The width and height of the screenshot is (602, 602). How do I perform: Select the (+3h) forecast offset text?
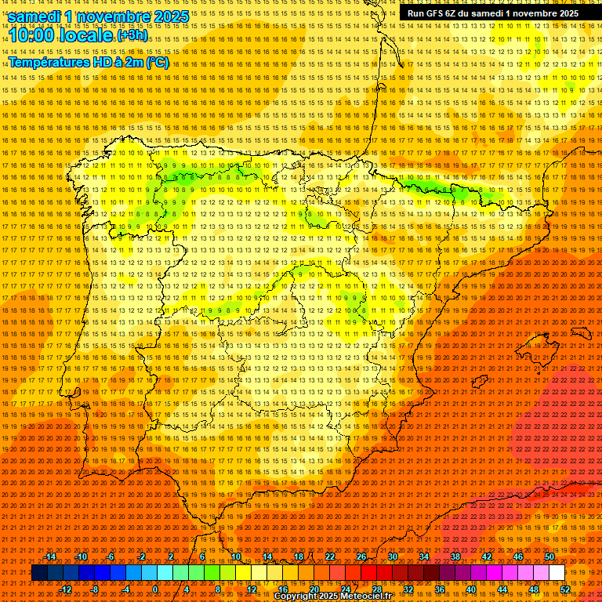click(x=132, y=35)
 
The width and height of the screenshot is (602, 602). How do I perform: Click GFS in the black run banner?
click(x=435, y=13)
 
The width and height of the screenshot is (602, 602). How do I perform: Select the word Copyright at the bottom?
click(x=297, y=597)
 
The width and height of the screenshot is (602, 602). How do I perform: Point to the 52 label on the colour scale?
click(x=565, y=589)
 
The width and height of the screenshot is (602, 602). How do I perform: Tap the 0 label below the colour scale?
click(x=155, y=589)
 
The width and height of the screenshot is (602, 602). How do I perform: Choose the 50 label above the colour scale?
click(x=549, y=557)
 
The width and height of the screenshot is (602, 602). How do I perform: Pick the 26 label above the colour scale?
click(x=361, y=557)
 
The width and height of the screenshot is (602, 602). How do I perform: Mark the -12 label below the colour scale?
click(x=66, y=589)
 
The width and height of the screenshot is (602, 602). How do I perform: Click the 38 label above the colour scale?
click(x=455, y=557)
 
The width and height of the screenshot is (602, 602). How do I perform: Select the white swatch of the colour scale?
click(x=557, y=573)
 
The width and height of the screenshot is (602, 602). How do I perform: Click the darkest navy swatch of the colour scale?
click(x=39, y=573)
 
